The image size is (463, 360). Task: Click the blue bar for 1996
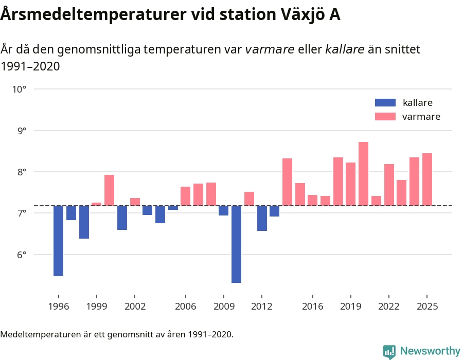[x=59, y=241]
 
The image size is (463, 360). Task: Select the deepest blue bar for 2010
[x=237, y=244]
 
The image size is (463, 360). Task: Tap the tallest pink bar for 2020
[x=363, y=174]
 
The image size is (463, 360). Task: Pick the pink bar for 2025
[x=427, y=179]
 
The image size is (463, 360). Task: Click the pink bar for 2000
[x=109, y=190]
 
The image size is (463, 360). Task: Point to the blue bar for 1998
[x=84, y=222]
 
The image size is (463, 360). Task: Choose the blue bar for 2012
[x=262, y=218]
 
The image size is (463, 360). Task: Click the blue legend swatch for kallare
[x=385, y=102]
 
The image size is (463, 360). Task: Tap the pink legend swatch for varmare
[x=385, y=117]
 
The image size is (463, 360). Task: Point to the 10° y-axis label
[x=19, y=89]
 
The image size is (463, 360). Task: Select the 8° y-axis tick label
[x=20, y=172]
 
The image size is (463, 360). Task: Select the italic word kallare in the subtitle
[x=345, y=49]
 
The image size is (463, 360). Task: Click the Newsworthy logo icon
[x=389, y=351]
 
